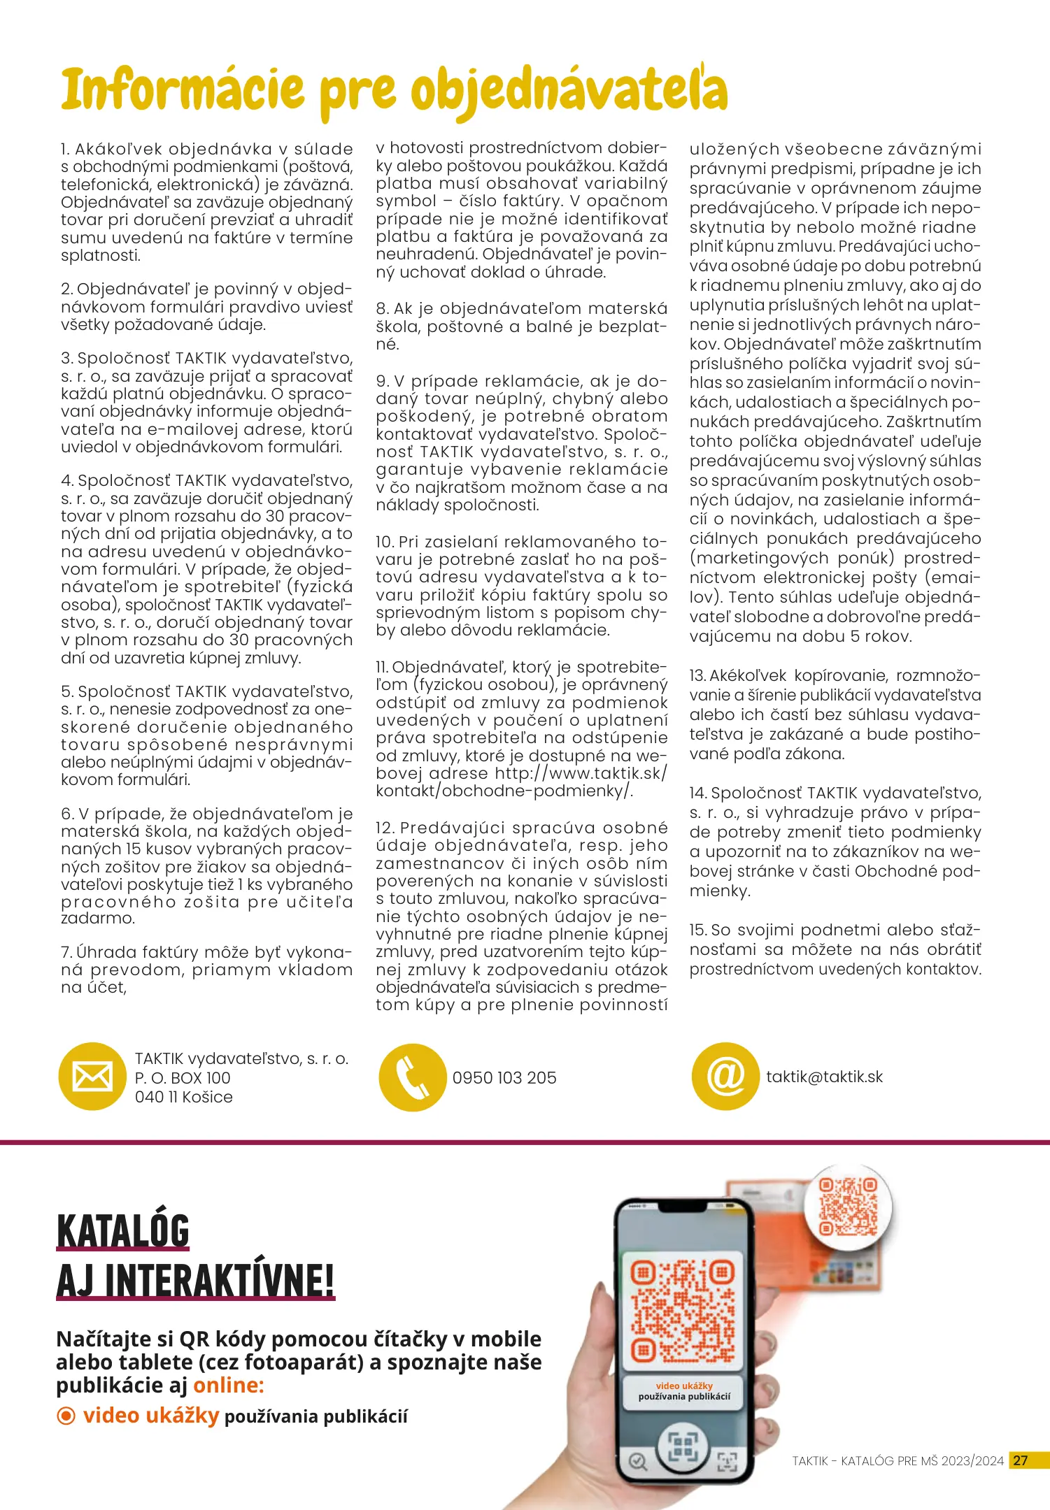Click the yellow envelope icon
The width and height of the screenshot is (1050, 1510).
(92, 1077)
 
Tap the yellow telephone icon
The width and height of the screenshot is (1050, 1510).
(412, 1077)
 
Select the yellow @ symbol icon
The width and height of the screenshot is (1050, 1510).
(725, 1077)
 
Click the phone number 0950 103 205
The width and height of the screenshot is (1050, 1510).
(504, 1078)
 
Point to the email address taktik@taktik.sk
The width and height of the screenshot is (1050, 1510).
(824, 1077)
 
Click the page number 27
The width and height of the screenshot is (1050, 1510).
(1021, 1460)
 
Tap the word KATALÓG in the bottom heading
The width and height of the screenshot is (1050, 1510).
(123, 1232)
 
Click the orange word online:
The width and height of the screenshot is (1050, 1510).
(229, 1385)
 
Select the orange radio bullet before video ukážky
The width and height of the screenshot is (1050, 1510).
(66, 1416)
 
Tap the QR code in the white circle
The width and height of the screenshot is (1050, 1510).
(848, 1207)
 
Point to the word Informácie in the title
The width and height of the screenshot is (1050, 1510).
(183, 91)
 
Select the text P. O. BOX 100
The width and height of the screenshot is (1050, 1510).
(183, 1078)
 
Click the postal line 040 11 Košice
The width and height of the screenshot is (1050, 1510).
(183, 1097)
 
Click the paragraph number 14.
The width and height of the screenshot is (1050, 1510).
(698, 793)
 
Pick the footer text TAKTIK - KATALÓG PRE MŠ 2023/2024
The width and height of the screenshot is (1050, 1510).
(898, 1461)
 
